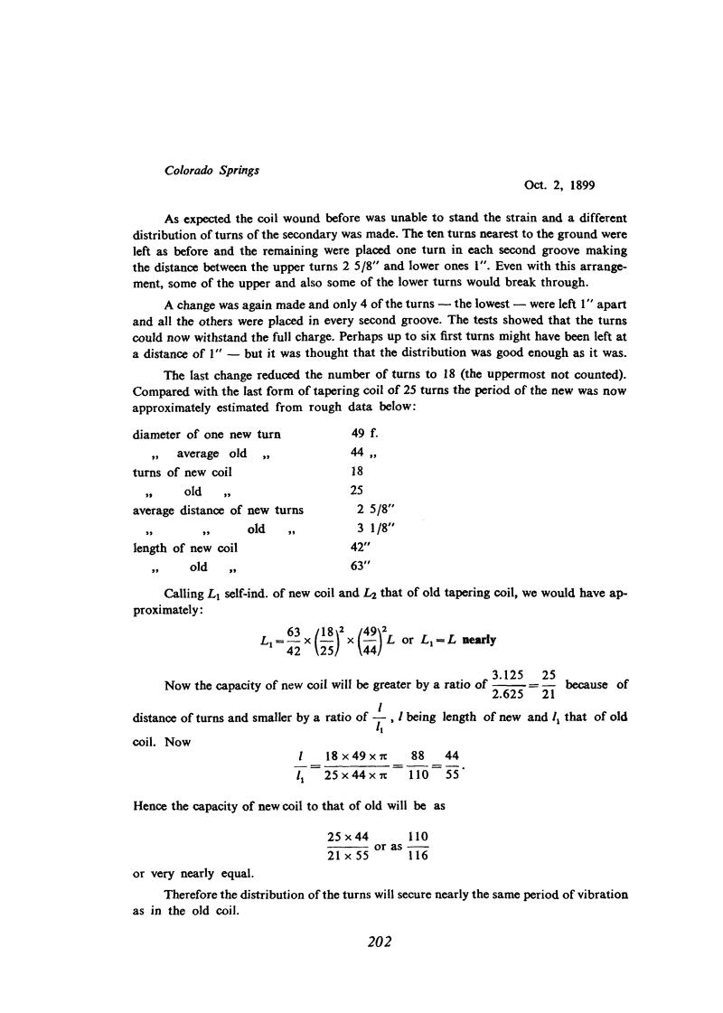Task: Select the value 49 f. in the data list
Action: pyautogui.click(x=364, y=434)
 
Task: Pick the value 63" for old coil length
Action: pyautogui.click(x=361, y=567)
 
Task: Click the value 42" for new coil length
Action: pyautogui.click(x=361, y=548)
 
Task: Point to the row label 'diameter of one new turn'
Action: pyautogui.click(x=207, y=434)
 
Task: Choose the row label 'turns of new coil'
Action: pyautogui.click(x=183, y=472)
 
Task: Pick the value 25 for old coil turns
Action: pyautogui.click(x=356, y=491)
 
